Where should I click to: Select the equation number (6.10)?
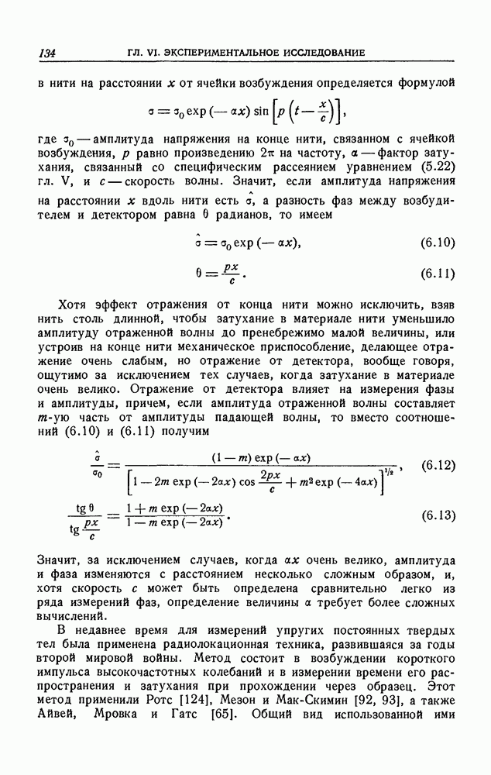[436, 245]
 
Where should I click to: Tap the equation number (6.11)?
[436, 274]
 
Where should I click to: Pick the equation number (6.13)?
[436, 515]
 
